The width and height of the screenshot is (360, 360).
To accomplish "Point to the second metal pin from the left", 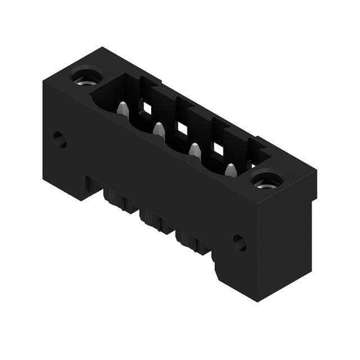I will (x=159, y=130).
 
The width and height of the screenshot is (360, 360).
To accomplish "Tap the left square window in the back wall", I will (x=147, y=107).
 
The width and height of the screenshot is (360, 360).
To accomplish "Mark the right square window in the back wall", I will (x=218, y=149).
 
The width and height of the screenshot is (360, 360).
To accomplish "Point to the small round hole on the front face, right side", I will (x=240, y=242).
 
